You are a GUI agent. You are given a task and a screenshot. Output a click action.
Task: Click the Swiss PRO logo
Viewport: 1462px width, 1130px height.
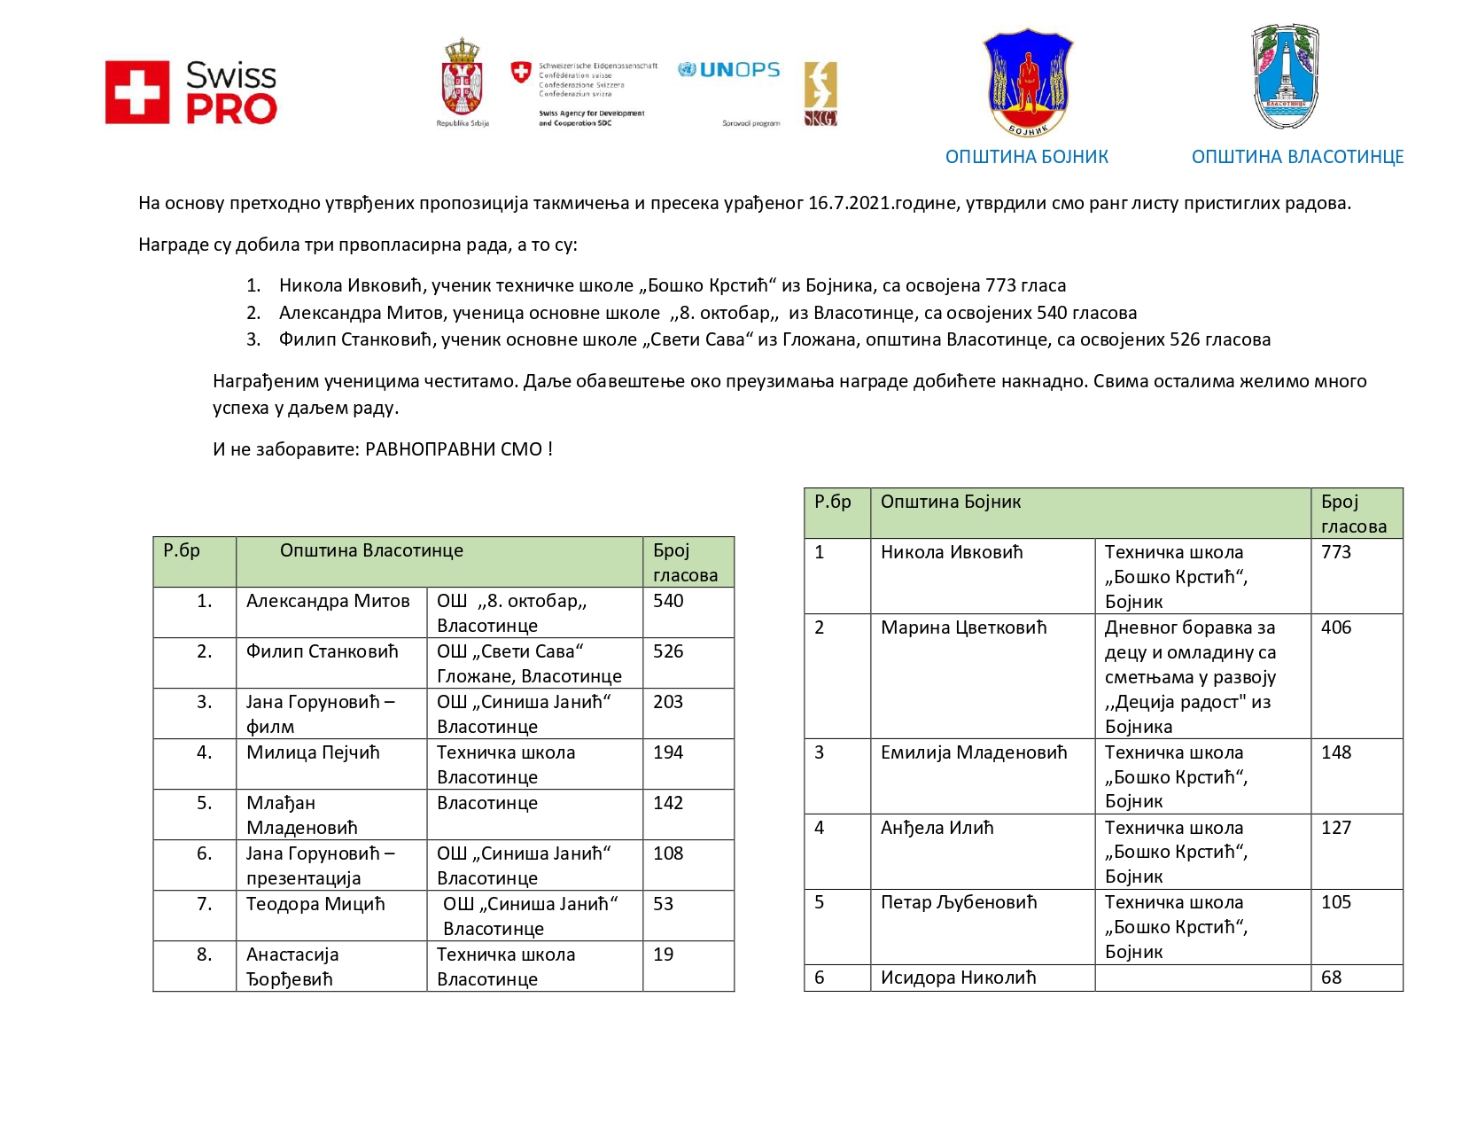[191, 92]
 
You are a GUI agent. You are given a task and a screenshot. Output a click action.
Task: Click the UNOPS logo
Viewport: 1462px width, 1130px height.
[728, 70]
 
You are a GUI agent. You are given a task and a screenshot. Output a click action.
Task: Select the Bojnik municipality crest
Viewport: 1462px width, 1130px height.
[1028, 83]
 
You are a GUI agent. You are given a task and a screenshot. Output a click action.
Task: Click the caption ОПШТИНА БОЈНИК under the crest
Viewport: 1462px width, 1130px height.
[1026, 157]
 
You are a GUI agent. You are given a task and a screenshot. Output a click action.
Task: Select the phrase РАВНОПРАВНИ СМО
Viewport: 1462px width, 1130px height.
[455, 449]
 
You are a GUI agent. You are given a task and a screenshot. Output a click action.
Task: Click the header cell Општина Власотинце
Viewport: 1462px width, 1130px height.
[371, 550]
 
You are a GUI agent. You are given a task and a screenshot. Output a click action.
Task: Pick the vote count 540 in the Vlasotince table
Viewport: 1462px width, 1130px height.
[668, 601]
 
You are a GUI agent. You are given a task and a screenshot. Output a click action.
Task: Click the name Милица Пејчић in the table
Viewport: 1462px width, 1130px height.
[313, 752]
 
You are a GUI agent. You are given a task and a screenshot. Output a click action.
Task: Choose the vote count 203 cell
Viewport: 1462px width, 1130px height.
[668, 702]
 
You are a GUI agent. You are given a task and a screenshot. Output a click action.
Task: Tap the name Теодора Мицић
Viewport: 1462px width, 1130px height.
[315, 904]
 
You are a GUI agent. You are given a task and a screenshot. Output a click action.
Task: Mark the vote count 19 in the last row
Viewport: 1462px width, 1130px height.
[663, 955]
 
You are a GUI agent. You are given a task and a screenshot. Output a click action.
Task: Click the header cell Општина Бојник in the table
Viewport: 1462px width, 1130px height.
[950, 502]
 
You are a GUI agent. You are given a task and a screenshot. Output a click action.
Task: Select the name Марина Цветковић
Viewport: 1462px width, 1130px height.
[963, 627]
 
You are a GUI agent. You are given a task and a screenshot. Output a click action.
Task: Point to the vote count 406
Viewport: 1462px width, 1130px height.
[1336, 627]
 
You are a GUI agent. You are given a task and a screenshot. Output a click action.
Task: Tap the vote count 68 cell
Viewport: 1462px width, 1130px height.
[1331, 978]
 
